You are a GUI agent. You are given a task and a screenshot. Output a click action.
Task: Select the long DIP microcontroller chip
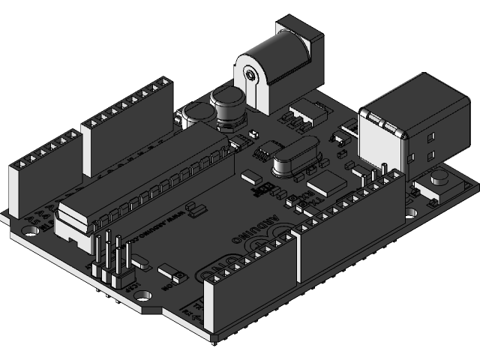[142, 180]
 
